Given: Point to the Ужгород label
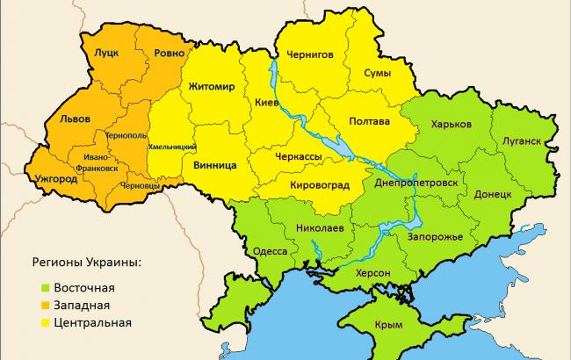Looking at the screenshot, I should point(54,179).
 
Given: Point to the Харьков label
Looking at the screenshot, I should point(452,124).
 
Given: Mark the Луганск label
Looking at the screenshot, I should point(523,140).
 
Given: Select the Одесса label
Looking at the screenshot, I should point(270,251).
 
